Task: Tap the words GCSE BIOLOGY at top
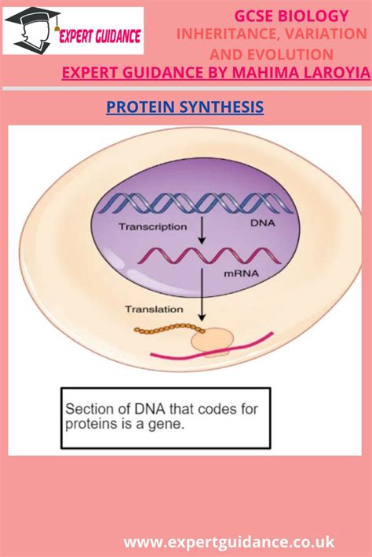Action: pos(292,16)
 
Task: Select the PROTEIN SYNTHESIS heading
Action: pos(184,107)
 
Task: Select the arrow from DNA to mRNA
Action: pos(201,231)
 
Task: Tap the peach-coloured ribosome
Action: pos(212,338)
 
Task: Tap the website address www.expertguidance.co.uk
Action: pos(229,541)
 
